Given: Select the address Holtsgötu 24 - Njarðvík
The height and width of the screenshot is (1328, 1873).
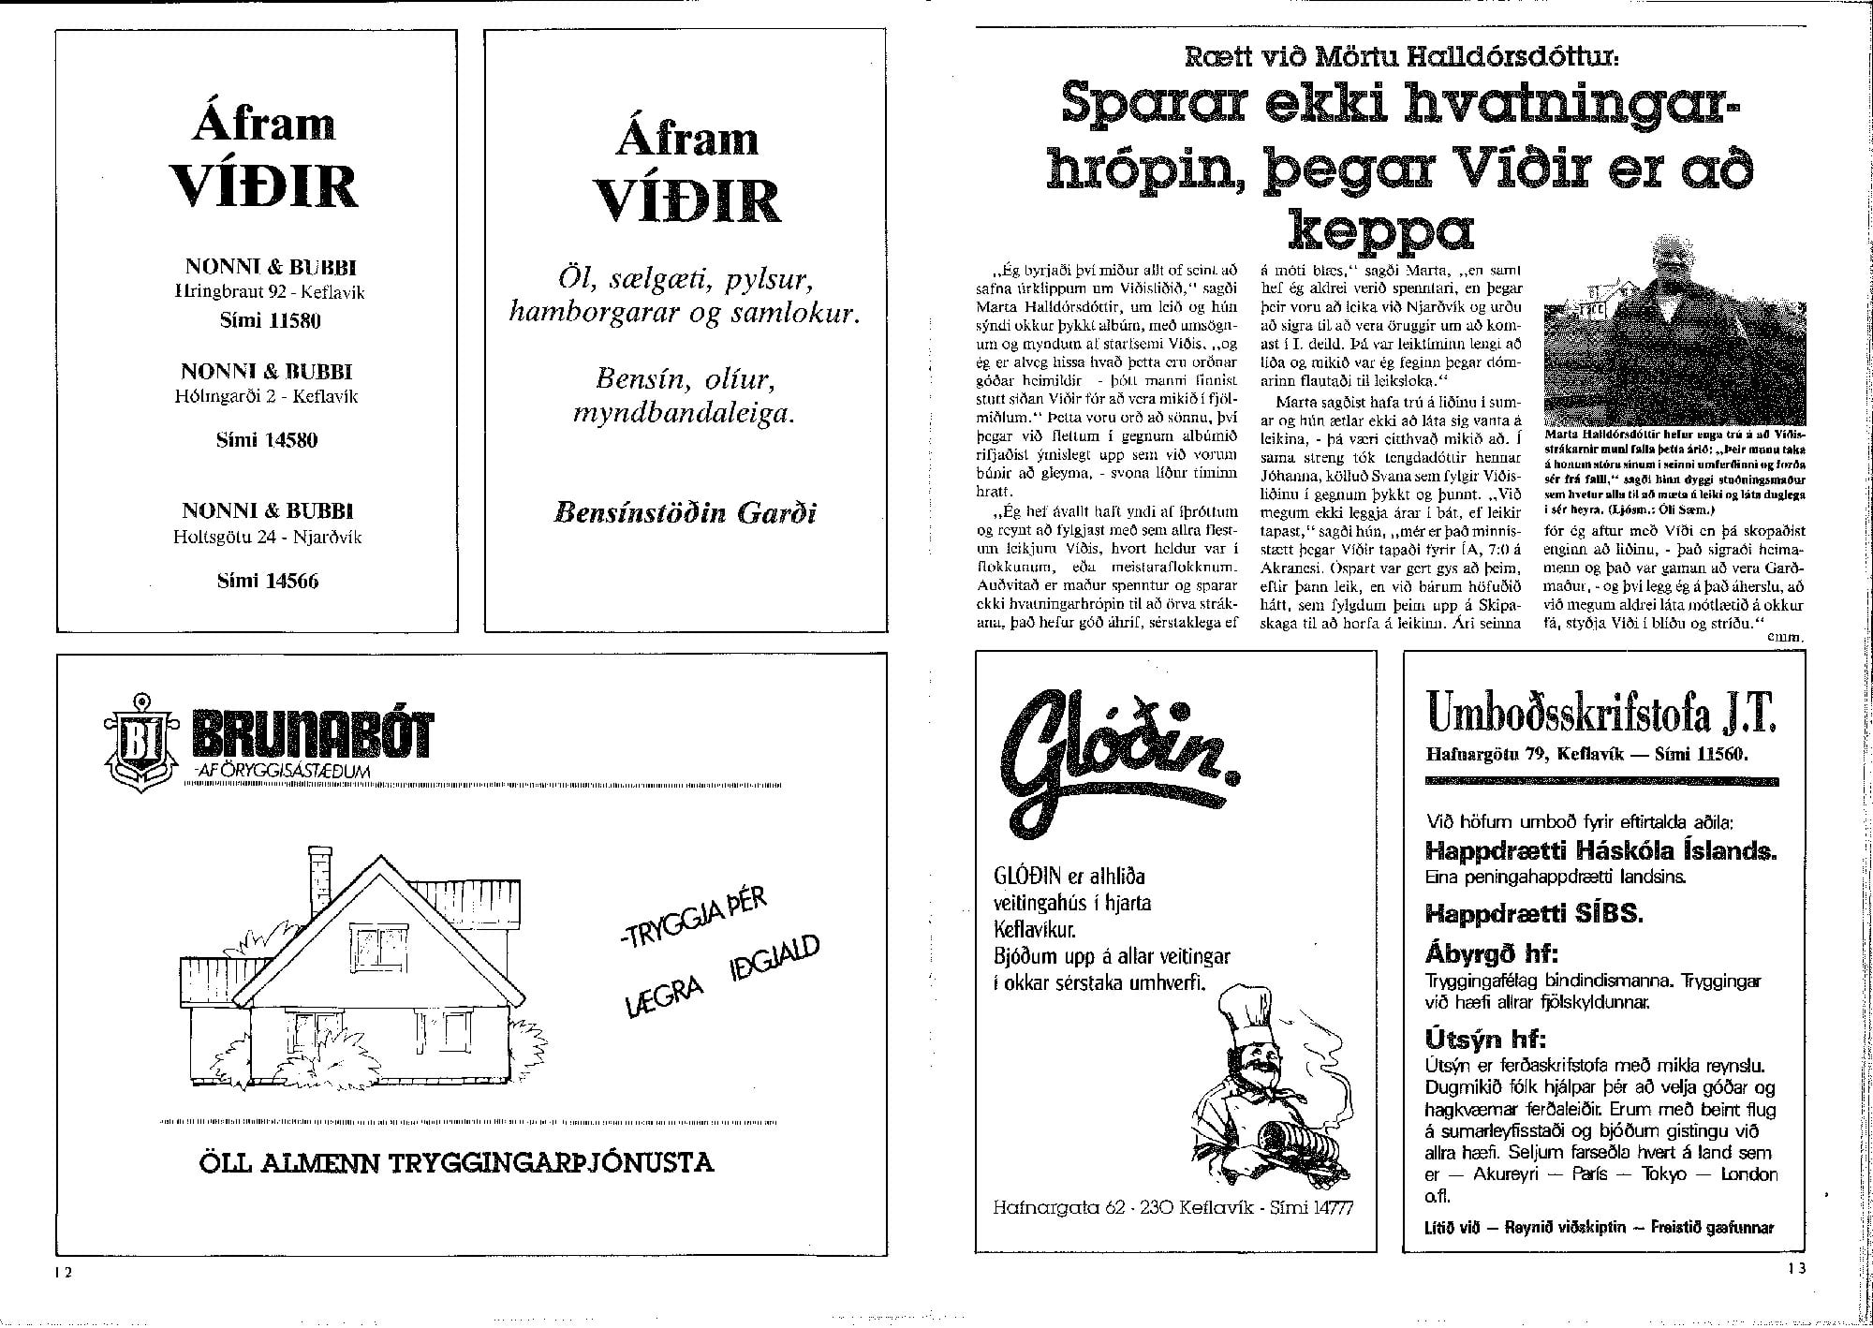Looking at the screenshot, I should tap(268, 538).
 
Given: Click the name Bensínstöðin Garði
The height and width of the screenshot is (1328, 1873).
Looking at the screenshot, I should tap(686, 513).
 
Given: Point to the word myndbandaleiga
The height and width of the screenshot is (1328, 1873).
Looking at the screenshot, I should tap(684, 414).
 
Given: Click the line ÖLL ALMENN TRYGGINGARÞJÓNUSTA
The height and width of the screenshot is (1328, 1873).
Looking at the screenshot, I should tap(456, 1163).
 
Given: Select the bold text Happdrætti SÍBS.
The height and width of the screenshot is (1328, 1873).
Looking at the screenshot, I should tap(1534, 912).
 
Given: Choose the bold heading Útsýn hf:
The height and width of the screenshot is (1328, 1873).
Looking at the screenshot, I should tap(1485, 1040).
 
